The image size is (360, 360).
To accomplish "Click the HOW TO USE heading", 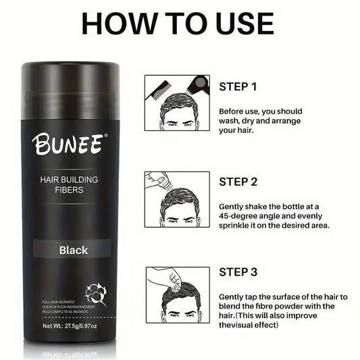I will (x=179, y=24).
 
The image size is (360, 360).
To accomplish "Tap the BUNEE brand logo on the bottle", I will (x=67, y=143).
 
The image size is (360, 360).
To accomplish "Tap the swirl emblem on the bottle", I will (x=96, y=294).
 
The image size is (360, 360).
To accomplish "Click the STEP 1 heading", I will (x=238, y=86).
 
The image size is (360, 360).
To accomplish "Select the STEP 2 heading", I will (x=238, y=181).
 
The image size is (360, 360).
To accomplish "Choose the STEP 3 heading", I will (x=238, y=273).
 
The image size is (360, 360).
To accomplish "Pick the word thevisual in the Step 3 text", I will (x=238, y=325).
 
